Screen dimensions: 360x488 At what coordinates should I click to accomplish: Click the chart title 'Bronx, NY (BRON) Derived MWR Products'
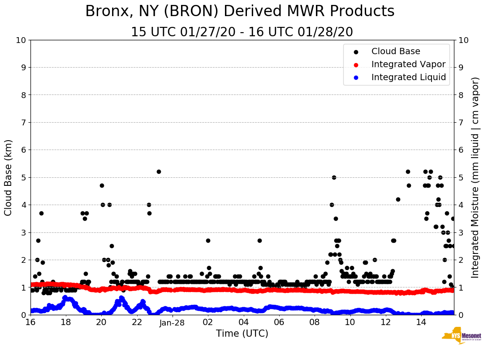coord(240,11)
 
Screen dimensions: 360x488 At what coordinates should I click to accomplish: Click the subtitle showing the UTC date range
coord(242,32)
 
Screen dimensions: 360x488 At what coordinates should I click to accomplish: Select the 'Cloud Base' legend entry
coord(396,51)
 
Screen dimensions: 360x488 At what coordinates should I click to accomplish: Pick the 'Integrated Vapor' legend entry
coord(408,64)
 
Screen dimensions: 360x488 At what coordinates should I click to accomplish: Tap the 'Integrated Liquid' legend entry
coord(409,77)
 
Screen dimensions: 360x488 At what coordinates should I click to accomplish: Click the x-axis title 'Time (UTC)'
coord(242,334)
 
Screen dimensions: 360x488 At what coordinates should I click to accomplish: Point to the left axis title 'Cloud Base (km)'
coord(9,177)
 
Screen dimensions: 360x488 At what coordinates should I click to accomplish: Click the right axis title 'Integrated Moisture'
coord(475,177)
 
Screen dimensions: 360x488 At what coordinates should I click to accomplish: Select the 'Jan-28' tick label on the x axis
coord(173,322)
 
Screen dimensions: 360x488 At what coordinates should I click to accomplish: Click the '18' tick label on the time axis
coord(66,322)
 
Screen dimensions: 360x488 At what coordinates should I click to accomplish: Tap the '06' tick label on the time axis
coord(279,322)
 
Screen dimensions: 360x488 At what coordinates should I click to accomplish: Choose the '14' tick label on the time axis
coord(421,322)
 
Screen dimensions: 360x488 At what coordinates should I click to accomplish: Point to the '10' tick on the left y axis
coord(21,40)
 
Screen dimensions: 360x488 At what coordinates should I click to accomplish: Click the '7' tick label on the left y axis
coord(23,122)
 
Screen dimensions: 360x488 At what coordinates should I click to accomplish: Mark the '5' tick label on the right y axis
coord(460,177)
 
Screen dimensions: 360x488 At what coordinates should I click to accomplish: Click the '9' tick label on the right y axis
coord(460,67)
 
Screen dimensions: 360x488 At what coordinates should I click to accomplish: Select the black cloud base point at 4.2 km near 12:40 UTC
coord(398,199)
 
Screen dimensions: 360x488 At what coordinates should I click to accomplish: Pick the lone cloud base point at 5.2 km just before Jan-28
coord(159,171)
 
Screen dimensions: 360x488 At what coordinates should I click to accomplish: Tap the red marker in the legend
coord(356,64)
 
